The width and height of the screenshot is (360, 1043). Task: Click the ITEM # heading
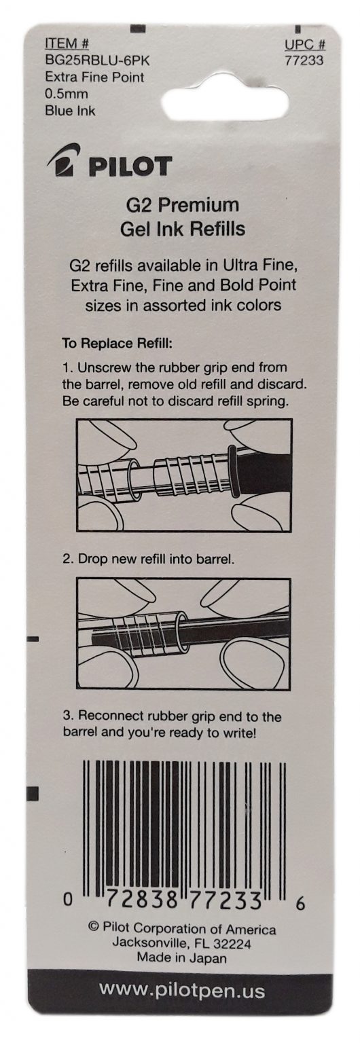[x=67, y=43]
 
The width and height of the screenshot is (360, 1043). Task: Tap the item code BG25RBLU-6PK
[x=98, y=60]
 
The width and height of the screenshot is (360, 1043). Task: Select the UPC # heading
[x=305, y=45]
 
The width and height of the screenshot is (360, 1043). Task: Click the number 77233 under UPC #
[x=304, y=60]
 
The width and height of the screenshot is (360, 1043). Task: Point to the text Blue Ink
[x=70, y=111]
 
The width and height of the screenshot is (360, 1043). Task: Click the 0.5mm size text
[x=66, y=94]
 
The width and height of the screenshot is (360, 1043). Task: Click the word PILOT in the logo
[x=131, y=166]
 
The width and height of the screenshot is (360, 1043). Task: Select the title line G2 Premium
[x=183, y=205]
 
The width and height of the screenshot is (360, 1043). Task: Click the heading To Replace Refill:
[x=118, y=344]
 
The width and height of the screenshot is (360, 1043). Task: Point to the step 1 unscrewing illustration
[x=184, y=475]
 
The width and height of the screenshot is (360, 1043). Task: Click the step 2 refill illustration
[x=184, y=634]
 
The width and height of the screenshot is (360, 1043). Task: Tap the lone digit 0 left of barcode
[x=68, y=900]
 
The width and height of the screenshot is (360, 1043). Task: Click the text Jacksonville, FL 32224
[x=181, y=943]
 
